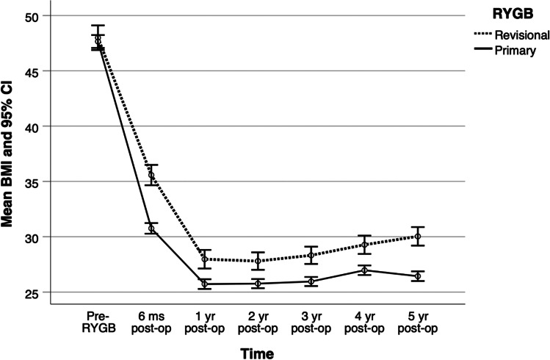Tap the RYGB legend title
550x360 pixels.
click(508, 12)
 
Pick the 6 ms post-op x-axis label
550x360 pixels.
click(151, 317)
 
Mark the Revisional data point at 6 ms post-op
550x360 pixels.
click(151, 175)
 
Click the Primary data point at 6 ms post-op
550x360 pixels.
click(151, 228)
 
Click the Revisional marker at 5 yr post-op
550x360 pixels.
click(418, 236)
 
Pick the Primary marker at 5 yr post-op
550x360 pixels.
click(418, 276)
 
